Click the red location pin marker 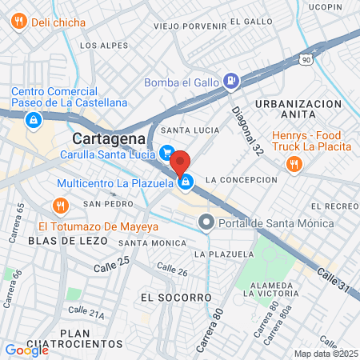pyautogui.click(x=180, y=163)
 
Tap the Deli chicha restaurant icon pyautogui.click(x=18, y=22)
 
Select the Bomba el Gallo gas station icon pyautogui.click(x=230, y=80)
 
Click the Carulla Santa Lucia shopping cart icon pyautogui.click(x=167, y=151)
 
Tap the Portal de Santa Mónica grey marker pyautogui.click(x=207, y=222)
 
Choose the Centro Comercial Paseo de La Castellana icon pyautogui.click(x=33, y=121)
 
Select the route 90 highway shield pyautogui.click(x=306, y=59)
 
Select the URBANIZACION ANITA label pyautogui.click(x=298, y=110)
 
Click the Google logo pyautogui.click(x=26, y=350)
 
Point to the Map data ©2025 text pyautogui.click(x=326, y=354)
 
